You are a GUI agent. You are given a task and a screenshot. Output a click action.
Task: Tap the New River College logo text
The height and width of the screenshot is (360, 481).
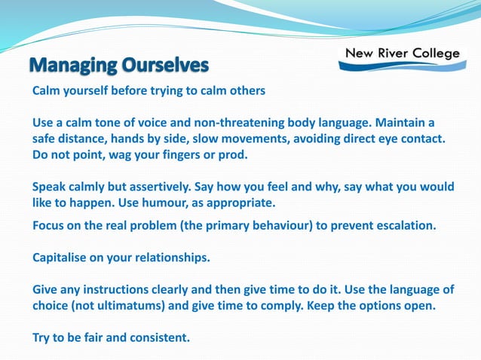[402, 53]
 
